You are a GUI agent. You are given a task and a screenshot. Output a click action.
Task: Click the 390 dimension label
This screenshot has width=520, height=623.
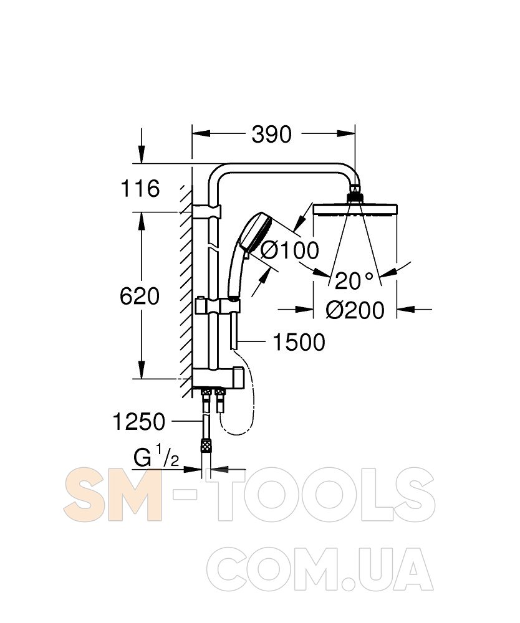(x=271, y=135)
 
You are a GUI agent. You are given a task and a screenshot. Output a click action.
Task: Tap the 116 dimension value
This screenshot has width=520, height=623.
(x=140, y=188)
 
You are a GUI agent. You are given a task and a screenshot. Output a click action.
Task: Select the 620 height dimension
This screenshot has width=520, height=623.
(x=140, y=297)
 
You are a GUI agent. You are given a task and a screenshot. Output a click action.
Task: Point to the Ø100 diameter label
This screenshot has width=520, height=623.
(x=290, y=250)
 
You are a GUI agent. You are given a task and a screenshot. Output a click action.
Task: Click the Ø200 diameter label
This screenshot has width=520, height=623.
(x=355, y=310)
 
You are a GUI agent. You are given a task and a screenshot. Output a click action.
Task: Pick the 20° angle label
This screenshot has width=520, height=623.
(x=354, y=282)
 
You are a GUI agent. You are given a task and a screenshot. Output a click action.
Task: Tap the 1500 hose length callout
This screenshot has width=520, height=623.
(x=299, y=342)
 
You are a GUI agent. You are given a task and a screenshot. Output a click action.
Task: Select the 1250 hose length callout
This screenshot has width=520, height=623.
(x=139, y=422)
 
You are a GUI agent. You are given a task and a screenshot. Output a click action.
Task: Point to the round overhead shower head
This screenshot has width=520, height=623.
(x=355, y=209)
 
